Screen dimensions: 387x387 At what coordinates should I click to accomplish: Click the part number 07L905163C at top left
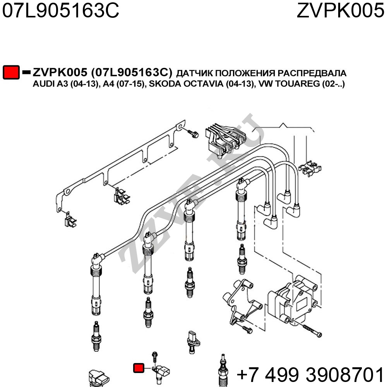tap(60, 12)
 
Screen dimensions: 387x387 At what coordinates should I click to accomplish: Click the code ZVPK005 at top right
tap(340, 12)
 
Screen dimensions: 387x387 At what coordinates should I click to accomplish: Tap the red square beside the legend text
tap(11, 73)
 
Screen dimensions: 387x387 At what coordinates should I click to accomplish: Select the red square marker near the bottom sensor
tap(139, 368)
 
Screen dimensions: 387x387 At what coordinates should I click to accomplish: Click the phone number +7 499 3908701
tap(310, 374)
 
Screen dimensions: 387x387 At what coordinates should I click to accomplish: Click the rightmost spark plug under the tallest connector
tap(242, 258)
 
